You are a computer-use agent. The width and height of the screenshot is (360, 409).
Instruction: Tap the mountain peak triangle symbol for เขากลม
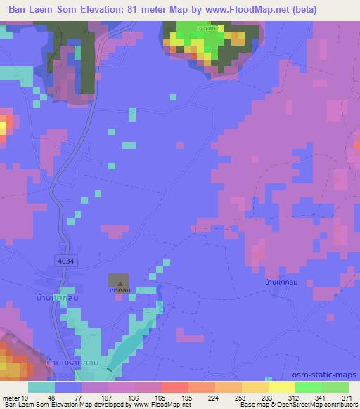pos(117,280)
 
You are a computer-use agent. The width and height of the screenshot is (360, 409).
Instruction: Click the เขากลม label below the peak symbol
pos(117,290)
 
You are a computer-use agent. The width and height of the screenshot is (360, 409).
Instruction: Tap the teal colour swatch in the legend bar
pos(41,387)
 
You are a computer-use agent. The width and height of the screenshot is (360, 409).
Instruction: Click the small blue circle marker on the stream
pos(162,309)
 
